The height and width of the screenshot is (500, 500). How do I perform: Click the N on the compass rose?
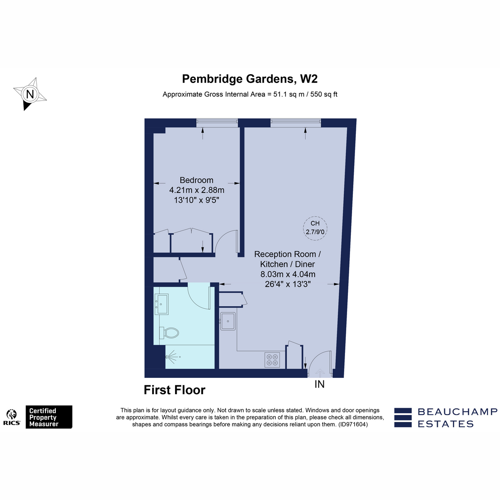pyautogui.click(x=30, y=94)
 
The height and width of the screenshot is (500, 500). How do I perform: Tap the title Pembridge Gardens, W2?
pyautogui.click(x=250, y=79)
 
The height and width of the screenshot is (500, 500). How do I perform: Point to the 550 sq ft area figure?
pyautogui.click(x=324, y=94)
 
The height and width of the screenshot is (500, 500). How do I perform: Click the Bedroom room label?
pyautogui.click(x=196, y=180)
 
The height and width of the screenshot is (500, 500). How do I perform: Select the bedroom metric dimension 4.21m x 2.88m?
pyautogui.click(x=197, y=190)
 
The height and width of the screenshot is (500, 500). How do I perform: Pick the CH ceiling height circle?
pyautogui.click(x=315, y=228)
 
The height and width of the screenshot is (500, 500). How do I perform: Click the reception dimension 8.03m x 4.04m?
pyautogui.click(x=288, y=274)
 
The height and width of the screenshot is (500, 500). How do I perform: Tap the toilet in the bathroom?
pyautogui.click(x=169, y=332)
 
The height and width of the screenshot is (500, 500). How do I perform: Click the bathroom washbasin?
pyautogui.click(x=161, y=304)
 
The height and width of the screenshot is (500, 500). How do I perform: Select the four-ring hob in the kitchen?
pyautogui.click(x=272, y=360)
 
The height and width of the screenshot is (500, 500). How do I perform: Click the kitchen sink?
pyautogui.click(x=228, y=321)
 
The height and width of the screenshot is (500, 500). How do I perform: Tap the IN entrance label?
pyautogui.click(x=320, y=384)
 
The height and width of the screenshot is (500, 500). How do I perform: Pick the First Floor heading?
pyautogui.click(x=174, y=390)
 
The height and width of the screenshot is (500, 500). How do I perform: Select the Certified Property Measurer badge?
pyautogui.click(x=49, y=417)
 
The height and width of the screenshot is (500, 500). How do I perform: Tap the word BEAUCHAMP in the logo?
pyautogui.click(x=457, y=412)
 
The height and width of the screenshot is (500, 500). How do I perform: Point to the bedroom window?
pyautogui.click(x=217, y=123)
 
